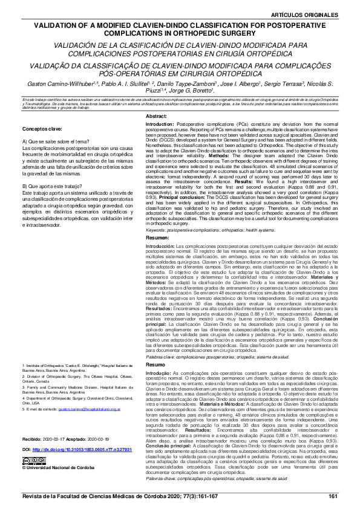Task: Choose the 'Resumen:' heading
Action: click(x=159, y=238)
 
